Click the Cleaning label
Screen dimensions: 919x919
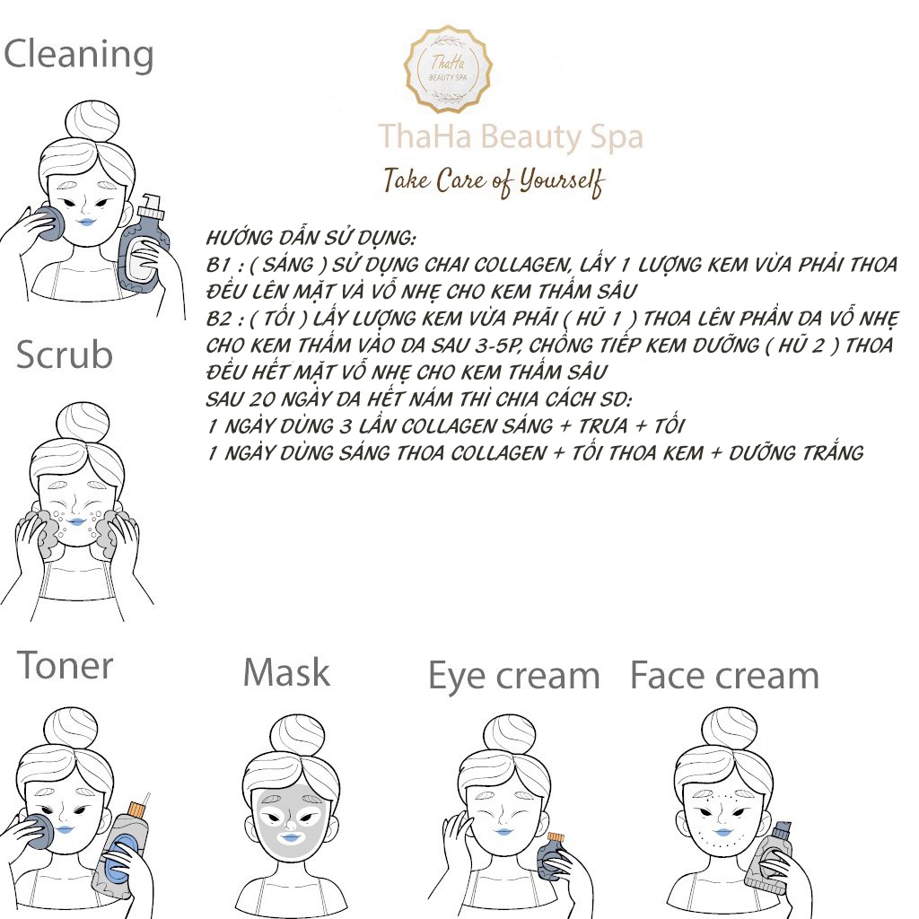[79, 55]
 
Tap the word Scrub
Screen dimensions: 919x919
[65, 354]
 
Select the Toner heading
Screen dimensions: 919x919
[65, 665]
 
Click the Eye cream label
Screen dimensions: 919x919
[514, 677]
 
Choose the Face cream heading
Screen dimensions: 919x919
[724, 675]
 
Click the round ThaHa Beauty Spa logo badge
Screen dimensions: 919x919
[448, 69]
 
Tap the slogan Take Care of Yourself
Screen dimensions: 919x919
[494, 181]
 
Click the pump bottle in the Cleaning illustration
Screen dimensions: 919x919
[144, 244]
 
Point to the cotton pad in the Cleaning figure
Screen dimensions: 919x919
[48, 223]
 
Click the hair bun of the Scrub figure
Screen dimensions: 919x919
[83, 422]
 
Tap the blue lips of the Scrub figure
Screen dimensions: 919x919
[76, 521]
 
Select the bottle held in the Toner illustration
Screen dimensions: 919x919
[121, 845]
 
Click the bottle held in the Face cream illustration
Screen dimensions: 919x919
[769, 857]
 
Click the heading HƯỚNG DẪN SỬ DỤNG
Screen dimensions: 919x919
[311, 238]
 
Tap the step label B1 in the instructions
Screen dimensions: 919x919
[219, 265]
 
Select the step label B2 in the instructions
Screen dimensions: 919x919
[219, 319]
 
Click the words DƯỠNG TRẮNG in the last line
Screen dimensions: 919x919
[796, 452]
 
